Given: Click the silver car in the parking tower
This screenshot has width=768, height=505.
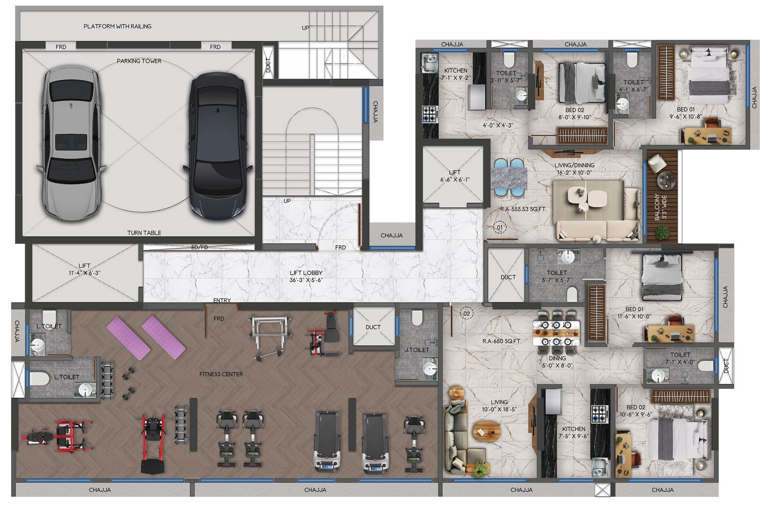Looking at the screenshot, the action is [x=71, y=143].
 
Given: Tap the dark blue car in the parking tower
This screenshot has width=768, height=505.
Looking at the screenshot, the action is [x=218, y=146].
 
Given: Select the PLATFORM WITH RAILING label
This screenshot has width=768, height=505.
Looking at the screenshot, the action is [x=117, y=26].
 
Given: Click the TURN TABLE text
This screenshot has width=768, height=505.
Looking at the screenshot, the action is [x=144, y=233].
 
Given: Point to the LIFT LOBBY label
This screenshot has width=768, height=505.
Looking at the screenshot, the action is [x=306, y=276].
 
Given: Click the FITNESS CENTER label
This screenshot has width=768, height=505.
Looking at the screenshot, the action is [x=221, y=374].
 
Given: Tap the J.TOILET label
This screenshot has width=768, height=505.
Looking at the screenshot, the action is [x=417, y=350].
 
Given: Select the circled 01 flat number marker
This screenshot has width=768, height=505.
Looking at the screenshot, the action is [x=500, y=227].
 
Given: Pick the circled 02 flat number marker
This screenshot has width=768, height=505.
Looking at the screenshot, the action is [x=467, y=314].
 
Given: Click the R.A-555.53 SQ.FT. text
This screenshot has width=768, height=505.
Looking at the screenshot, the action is [x=523, y=209].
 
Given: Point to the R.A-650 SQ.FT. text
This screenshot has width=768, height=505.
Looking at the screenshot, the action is [x=502, y=341].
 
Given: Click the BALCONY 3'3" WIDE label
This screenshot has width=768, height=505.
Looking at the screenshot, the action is [x=660, y=207].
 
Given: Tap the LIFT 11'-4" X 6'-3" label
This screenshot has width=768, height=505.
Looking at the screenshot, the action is [x=84, y=269].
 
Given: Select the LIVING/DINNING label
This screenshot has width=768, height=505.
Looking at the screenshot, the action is [x=574, y=169].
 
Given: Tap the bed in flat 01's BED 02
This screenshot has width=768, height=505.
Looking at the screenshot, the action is [x=582, y=83].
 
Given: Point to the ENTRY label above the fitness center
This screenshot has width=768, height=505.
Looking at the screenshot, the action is [x=222, y=301].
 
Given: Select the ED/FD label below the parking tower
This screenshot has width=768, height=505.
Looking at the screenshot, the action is [x=199, y=247].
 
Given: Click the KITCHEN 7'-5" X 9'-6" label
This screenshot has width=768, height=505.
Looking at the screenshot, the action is [x=573, y=433].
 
